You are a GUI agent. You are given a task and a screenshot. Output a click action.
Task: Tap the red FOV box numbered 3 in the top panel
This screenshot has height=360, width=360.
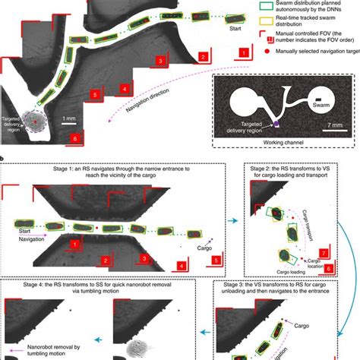click(159, 59)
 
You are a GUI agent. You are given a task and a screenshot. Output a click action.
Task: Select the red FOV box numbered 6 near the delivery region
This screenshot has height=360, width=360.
click(74, 138)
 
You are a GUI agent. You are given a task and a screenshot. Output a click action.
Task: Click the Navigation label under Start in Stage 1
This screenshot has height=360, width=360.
click(28, 237)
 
